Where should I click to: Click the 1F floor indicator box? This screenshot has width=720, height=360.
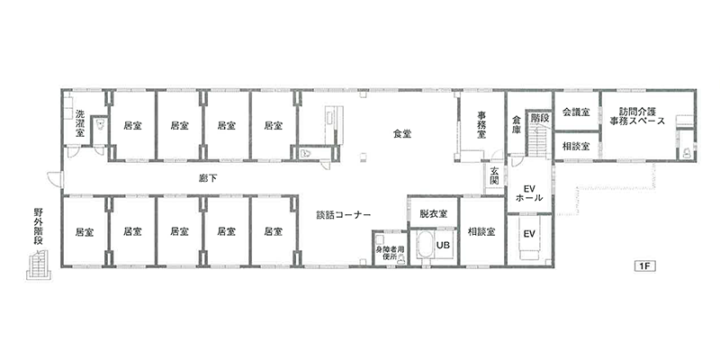(x=644, y=265)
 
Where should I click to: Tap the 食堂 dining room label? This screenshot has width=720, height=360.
(x=402, y=134)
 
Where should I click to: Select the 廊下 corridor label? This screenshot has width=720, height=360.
(x=208, y=179)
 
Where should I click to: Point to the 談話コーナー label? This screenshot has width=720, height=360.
(x=344, y=214)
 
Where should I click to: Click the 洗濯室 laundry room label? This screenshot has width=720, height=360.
(x=80, y=123)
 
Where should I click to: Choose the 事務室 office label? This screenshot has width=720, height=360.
(x=481, y=124)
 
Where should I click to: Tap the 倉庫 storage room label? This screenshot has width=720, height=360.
(x=516, y=124)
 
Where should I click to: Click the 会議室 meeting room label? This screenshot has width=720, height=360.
(x=576, y=112)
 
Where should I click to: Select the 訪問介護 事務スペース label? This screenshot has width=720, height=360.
(x=637, y=117)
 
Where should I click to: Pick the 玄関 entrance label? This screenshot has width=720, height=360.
(x=494, y=175)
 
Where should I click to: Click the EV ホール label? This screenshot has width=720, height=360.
(x=529, y=193)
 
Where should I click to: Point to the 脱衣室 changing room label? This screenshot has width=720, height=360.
(x=434, y=213)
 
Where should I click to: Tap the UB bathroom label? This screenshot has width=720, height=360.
(x=443, y=245)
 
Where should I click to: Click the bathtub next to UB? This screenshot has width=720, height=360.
(x=424, y=247)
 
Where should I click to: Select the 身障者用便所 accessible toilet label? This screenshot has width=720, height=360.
(x=390, y=253)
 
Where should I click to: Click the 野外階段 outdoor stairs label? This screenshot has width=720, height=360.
(x=39, y=228)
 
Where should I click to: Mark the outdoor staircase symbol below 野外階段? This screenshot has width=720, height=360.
(x=39, y=265)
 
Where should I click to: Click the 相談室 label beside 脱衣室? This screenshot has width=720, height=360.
(x=481, y=232)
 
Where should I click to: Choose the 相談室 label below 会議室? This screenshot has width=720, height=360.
(x=576, y=147)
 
